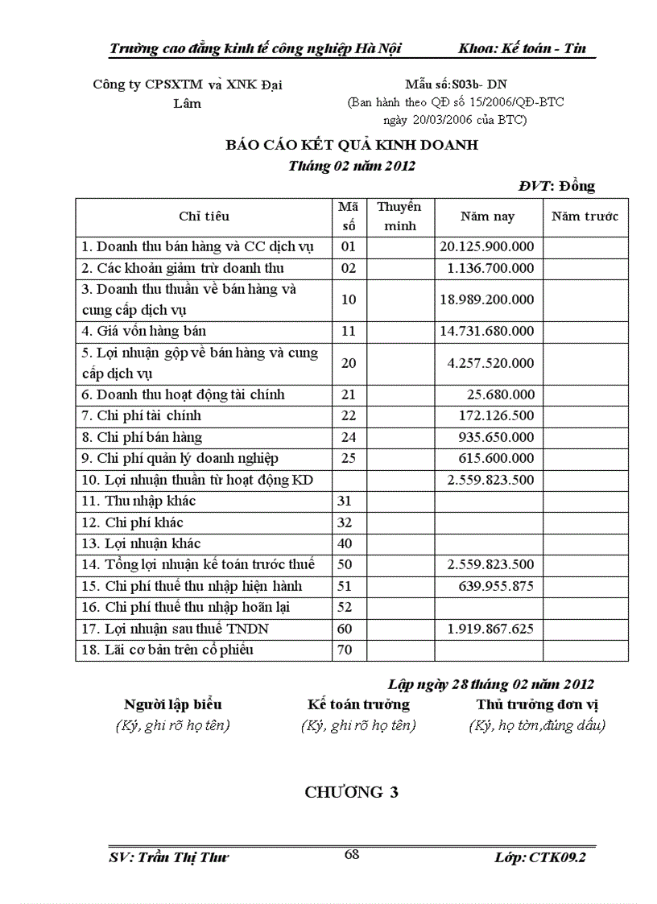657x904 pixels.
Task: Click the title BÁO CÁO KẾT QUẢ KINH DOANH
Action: click(352, 146)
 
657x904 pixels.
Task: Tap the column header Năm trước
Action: click(585, 217)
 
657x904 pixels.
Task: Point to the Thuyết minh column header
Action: click(399, 217)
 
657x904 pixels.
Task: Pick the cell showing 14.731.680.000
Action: click(487, 331)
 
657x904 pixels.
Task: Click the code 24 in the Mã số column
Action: click(349, 438)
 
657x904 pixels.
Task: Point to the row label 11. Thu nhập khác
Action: click(139, 502)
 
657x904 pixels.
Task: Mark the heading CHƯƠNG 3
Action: click(352, 793)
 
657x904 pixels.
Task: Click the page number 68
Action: click(352, 855)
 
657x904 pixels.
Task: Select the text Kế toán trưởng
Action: click(358, 704)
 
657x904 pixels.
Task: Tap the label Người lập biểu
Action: click(173, 704)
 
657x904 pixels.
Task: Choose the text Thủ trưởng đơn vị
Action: click(537, 704)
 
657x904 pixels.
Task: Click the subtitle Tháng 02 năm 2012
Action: click(352, 167)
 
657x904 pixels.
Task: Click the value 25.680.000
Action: click(500, 395)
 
